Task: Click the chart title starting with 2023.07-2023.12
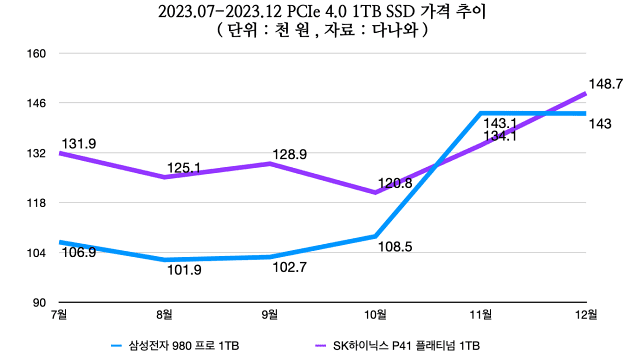pos(320,12)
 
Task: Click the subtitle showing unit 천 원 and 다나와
pos(320,30)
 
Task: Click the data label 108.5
pos(396,246)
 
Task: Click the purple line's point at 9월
pos(270,163)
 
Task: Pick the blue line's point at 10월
pos(375,236)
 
